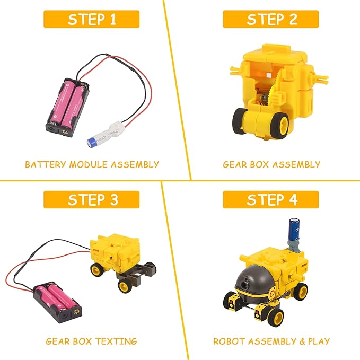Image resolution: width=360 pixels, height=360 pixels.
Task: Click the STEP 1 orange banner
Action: tap(91, 19)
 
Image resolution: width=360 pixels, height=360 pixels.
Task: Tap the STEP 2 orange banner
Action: tap(271, 19)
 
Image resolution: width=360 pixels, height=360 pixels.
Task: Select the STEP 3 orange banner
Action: tap(91, 199)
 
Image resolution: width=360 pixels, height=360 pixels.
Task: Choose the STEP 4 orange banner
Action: tap(271, 199)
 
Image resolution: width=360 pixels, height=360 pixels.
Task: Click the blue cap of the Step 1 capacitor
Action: tap(92, 142)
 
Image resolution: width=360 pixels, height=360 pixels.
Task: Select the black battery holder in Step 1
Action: tap(68, 107)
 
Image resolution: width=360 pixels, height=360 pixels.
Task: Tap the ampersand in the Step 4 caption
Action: tap(302, 341)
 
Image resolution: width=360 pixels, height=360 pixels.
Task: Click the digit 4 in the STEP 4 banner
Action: tap(293, 199)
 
